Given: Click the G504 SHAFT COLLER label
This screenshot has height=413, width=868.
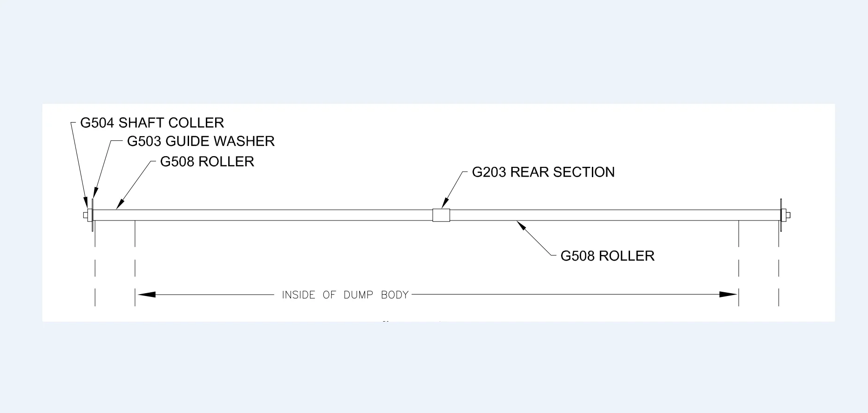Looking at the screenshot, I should point(152,123).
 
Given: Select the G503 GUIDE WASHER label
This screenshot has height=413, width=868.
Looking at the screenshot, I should point(201,141).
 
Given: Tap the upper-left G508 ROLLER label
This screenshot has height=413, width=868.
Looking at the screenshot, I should point(207,162).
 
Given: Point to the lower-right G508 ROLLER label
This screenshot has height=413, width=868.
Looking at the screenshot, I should point(607,256).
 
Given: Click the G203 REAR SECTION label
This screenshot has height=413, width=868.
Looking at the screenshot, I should point(543,172).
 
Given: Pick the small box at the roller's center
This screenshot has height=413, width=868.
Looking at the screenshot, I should point(441,215).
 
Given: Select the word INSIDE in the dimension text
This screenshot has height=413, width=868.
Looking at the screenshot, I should point(298,295).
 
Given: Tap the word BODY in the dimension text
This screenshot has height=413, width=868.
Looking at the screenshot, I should point(394,295).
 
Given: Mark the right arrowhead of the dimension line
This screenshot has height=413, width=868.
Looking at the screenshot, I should point(728,295).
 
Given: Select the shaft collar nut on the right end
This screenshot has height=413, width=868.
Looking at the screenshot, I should point(786,215).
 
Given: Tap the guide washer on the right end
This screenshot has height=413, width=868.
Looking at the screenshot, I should point(780,215).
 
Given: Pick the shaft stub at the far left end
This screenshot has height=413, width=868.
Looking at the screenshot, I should point(85,215).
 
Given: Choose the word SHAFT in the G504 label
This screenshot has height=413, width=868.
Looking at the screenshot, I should point(141,123).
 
